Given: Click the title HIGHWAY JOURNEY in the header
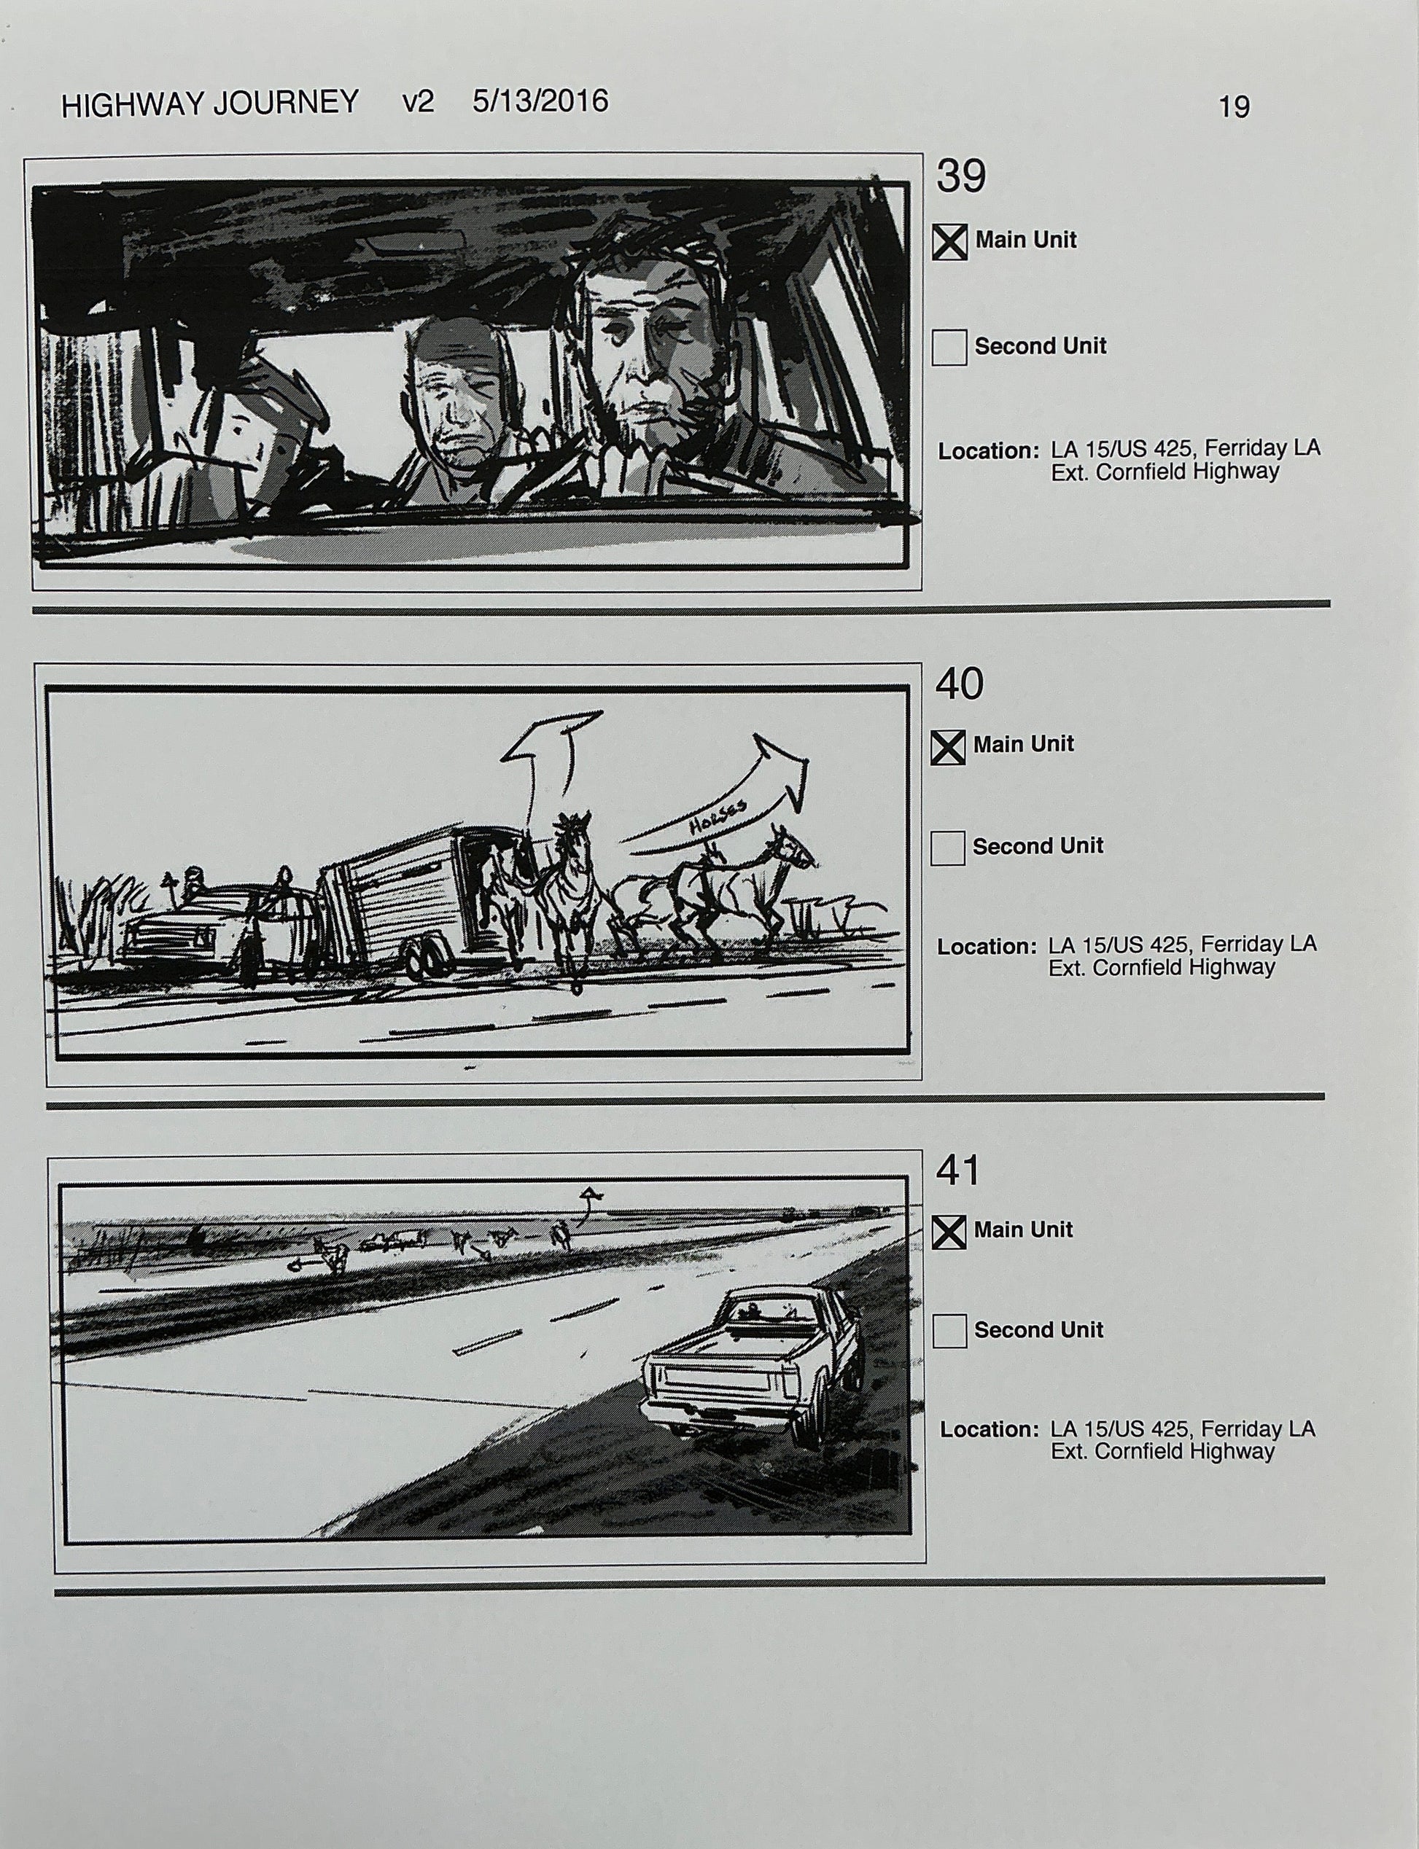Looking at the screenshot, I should click(210, 103).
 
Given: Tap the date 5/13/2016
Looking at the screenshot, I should click(540, 101).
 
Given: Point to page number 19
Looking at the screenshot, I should click(1233, 107).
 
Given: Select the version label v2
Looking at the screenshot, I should click(418, 102).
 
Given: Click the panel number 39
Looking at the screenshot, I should click(960, 176).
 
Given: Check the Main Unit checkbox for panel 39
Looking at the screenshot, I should click(949, 243).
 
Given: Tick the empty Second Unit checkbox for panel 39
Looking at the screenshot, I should click(949, 348).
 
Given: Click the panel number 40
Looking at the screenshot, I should click(959, 683).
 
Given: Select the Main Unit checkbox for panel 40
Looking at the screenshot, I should click(948, 747).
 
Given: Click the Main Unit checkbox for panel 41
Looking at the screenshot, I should click(949, 1232).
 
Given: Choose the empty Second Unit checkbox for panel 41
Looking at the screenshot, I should click(949, 1332).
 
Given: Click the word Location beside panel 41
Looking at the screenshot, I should click(989, 1430).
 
